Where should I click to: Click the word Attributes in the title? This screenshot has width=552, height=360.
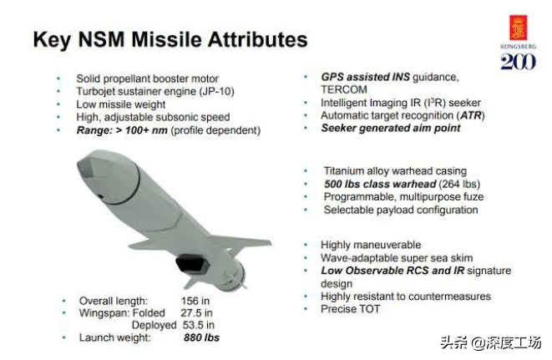(258, 39)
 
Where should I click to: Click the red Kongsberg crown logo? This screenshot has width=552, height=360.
(519, 28)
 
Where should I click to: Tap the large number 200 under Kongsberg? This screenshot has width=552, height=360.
(519, 62)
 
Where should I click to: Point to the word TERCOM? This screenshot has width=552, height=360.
(344, 89)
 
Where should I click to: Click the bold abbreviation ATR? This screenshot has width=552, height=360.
(471, 115)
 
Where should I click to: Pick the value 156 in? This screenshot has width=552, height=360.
(195, 301)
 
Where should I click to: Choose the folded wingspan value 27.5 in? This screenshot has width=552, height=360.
(197, 312)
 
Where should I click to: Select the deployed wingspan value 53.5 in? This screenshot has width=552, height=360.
(199, 325)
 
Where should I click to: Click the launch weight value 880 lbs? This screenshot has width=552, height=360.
(201, 337)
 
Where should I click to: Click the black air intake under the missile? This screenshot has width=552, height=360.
(193, 265)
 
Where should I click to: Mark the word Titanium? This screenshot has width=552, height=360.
(343, 171)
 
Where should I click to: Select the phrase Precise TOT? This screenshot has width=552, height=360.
(350, 309)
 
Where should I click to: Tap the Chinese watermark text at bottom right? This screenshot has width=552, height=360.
(490, 342)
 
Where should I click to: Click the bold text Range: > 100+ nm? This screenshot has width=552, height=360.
(122, 130)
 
